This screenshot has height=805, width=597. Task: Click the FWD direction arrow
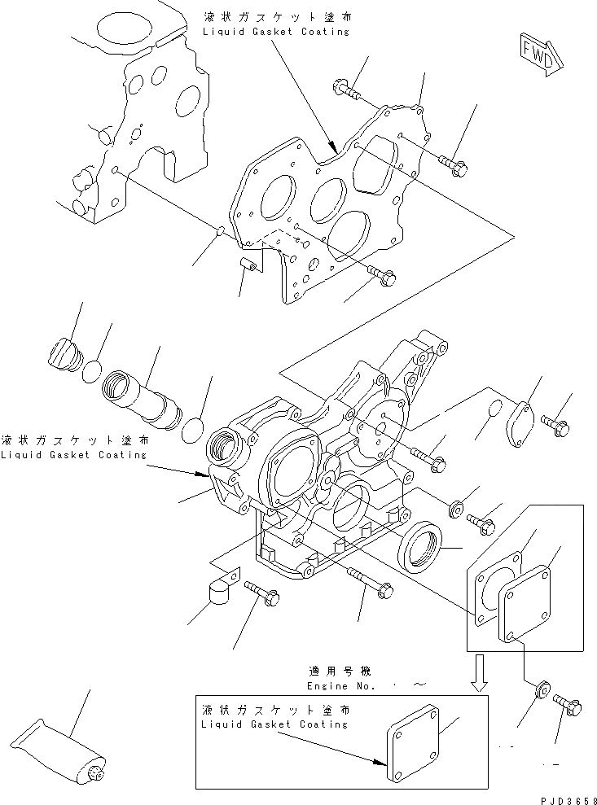click(539, 54)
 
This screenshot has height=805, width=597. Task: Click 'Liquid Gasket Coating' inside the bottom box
click(275, 724)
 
